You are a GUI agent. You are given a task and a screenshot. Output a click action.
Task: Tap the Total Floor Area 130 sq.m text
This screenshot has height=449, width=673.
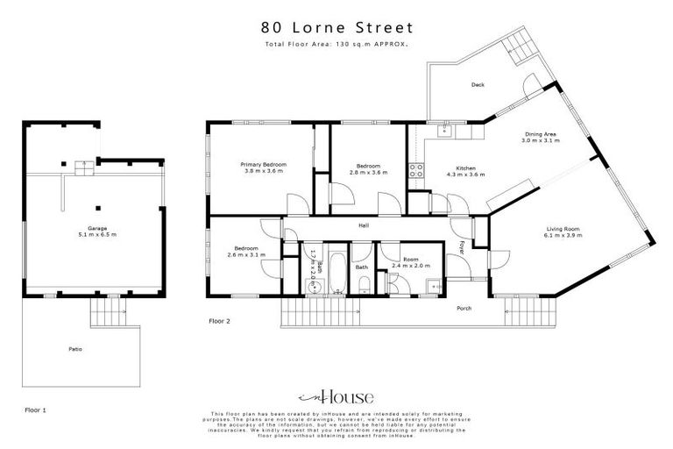pyautogui.click(x=336, y=44)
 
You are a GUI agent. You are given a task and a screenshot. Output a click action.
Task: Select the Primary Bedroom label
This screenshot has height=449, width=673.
pyautogui.click(x=264, y=168)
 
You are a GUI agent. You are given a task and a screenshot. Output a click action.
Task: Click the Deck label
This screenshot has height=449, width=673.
pyautogui.click(x=478, y=85)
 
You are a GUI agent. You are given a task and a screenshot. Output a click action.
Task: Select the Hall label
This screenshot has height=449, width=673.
pyautogui.click(x=363, y=225)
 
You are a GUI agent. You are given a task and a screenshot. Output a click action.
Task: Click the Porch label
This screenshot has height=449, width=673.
pyautogui.click(x=465, y=309)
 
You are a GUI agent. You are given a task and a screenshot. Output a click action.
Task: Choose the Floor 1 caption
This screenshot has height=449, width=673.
pyautogui.click(x=34, y=410)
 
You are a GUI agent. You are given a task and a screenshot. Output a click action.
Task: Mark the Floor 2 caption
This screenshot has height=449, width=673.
pyautogui.click(x=219, y=321)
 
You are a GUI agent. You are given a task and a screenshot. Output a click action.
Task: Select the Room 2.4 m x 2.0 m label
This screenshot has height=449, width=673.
pyautogui.click(x=410, y=262)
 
